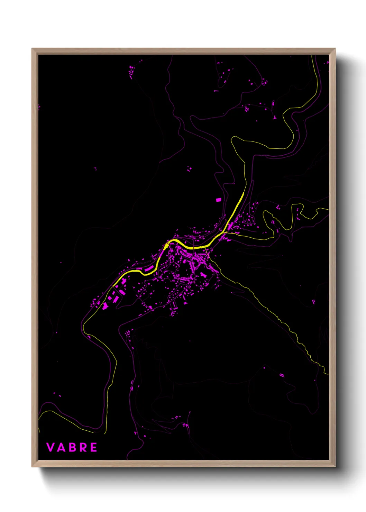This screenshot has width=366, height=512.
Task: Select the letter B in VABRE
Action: click(71, 447)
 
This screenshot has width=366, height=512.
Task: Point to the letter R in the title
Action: click(82, 447)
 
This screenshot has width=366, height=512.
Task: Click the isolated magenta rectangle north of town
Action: click(218, 200)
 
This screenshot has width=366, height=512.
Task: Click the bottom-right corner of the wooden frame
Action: click(335, 466)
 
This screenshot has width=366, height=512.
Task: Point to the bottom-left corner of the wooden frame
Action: click(33, 466)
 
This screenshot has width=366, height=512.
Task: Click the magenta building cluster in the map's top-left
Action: click(131, 73)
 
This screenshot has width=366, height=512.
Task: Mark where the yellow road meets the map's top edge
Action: click(312, 56)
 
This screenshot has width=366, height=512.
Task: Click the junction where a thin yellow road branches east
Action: click(226, 233)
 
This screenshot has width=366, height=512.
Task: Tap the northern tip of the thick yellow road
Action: click(244, 193)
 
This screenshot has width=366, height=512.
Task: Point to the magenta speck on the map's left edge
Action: click(39, 107)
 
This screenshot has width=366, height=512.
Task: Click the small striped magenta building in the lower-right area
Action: click(282, 375)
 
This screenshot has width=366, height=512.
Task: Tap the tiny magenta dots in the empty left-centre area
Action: click(95, 168)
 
